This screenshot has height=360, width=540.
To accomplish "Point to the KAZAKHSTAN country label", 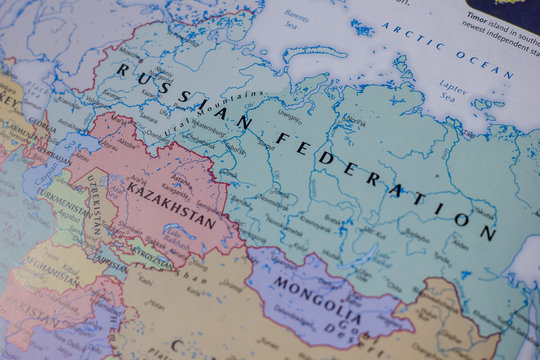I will tap(171, 203).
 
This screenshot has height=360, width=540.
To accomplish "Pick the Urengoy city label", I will tap(289, 116).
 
